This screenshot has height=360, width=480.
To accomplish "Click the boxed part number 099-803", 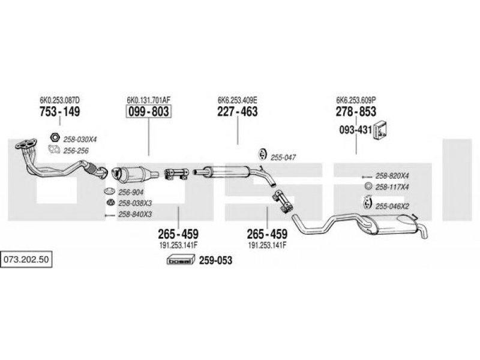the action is (148, 112).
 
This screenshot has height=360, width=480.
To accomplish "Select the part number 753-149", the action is (59, 112).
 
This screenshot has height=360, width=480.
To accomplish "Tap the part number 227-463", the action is (238, 112).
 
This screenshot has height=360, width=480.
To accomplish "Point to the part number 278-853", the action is (356, 112).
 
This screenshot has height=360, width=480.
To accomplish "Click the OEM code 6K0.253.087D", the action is (59, 100).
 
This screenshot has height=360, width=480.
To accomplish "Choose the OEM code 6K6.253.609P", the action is (356, 100).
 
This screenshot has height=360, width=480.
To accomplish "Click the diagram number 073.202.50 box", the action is (26, 260).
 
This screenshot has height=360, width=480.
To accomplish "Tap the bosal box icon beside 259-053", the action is (181, 260).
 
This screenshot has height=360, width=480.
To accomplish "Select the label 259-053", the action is (215, 260).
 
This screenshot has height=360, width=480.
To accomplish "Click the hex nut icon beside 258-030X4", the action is (55, 137).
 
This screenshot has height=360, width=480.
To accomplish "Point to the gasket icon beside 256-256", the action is (54, 149).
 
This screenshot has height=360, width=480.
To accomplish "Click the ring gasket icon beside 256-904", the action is (109, 191).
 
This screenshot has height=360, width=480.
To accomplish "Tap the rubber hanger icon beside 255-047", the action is (262, 154).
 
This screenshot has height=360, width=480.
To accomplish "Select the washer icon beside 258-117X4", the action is (368, 186).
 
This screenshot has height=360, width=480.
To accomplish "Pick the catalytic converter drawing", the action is (134, 175).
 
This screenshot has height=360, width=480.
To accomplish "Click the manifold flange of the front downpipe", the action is (26, 144).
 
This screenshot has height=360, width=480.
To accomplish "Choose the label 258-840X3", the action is (135, 214).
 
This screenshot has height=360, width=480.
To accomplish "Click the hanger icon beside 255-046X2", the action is (367, 203).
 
